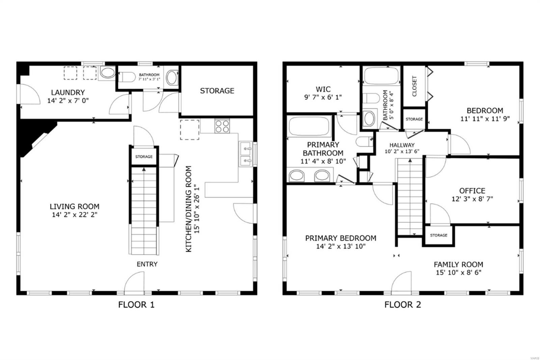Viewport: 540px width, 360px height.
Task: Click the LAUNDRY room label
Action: (x=68, y=93)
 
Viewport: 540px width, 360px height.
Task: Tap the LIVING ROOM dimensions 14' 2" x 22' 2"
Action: (x=75, y=215)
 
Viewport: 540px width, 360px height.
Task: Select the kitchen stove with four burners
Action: (x=222, y=126)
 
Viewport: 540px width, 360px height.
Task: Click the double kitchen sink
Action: (x=246, y=154)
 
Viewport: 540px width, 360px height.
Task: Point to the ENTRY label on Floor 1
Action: (x=147, y=264)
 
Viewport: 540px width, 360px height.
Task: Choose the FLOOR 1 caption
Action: (x=136, y=305)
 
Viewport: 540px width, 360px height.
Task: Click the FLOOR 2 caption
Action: (x=403, y=305)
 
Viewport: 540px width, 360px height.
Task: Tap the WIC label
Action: (x=323, y=89)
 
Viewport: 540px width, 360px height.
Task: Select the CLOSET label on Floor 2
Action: (x=414, y=86)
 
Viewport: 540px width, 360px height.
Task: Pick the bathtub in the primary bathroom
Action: (x=309, y=126)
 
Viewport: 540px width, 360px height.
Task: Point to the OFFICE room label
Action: (x=472, y=191)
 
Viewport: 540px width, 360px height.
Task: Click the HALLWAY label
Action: (x=402, y=145)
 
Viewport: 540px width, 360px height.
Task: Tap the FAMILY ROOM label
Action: (x=459, y=265)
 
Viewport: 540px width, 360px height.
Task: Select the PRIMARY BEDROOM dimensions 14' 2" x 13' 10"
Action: (x=341, y=246)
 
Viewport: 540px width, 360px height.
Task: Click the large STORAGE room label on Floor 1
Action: (x=217, y=91)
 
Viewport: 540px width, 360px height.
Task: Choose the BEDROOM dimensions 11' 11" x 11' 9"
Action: (x=485, y=119)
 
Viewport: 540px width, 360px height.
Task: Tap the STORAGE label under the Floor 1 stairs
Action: (x=144, y=157)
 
